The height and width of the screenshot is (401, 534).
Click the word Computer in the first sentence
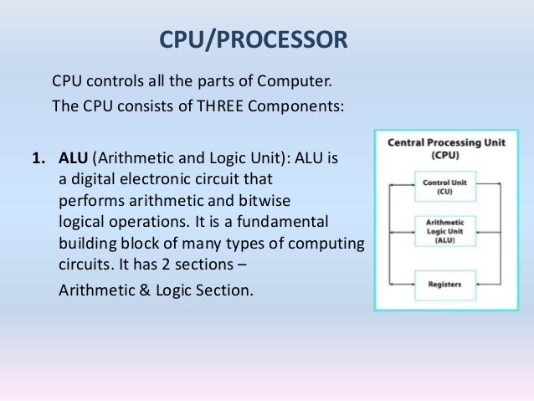(x=294, y=84)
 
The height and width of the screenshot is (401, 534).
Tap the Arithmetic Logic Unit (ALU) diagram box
(x=444, y=231)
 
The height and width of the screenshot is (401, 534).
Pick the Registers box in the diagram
(x=444, y=283)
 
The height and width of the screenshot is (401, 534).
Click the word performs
(x=88, y=202)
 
